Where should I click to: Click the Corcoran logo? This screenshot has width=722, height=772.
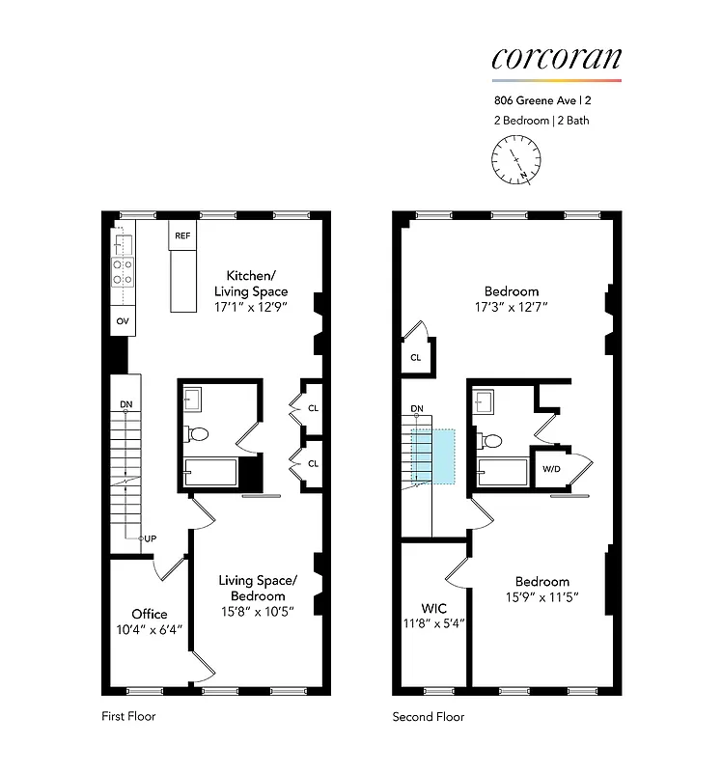coord(555,60)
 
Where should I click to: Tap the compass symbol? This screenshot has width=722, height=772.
coord(517,159)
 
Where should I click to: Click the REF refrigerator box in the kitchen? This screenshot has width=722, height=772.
coord(182,234)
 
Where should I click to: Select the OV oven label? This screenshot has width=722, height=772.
coord(123,321)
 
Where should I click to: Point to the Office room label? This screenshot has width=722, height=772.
coord(150,614)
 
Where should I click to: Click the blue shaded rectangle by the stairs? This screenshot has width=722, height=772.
coord(432,456)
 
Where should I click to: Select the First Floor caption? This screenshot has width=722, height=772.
coord(128,717)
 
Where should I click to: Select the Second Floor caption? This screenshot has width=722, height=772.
coord(428,717)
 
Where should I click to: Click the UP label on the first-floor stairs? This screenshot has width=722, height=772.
coord(150,538)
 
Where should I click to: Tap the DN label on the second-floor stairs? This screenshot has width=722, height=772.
coord(417,409)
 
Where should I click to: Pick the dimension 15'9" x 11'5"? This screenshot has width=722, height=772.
coord(541,597)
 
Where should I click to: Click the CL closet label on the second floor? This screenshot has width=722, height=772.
coord(416,357)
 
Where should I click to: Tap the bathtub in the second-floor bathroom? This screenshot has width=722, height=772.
coord(500,473)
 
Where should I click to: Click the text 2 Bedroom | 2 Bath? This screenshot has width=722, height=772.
coord(541,122)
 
